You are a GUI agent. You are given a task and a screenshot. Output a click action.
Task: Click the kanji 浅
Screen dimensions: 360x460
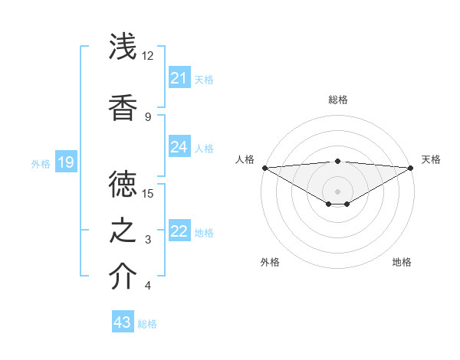[x=123, y=47]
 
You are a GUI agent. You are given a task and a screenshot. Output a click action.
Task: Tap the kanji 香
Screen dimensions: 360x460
[x=123, y=106]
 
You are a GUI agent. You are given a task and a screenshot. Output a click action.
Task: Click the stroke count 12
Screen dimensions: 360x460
[x=148, y=56]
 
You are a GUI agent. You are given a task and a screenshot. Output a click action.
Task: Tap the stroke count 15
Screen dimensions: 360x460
[x=148, y=193]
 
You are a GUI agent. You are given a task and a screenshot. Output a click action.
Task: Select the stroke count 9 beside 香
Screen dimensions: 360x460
[x=148, y=116]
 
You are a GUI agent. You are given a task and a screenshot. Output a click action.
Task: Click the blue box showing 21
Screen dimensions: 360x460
[x=179, y=78]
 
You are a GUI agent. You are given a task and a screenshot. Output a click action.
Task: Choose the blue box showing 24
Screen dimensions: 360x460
[x=179, y=147]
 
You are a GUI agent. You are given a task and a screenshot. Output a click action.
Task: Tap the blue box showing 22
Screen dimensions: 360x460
[x=179, y=231]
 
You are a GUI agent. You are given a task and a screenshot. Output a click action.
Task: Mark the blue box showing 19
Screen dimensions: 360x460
[x=65, y=162]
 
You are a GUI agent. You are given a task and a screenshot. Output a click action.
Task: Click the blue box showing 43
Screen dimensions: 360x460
[x=122, y=322]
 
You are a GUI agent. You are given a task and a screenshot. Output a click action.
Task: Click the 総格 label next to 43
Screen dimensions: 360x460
[x=148, y=324]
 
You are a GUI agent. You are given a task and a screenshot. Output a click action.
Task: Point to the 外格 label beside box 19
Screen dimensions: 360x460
[x=41, y=163]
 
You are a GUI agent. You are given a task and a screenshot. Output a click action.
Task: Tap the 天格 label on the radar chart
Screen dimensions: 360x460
[x=432, y=159]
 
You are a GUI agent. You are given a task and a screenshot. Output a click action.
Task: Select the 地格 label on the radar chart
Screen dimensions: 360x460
[x=402, y=262]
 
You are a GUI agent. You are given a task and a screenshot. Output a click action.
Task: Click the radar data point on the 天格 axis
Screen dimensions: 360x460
[x=412, y=168]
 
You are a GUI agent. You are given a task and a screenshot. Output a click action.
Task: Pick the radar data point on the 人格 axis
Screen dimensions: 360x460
[x=264, y=168]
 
